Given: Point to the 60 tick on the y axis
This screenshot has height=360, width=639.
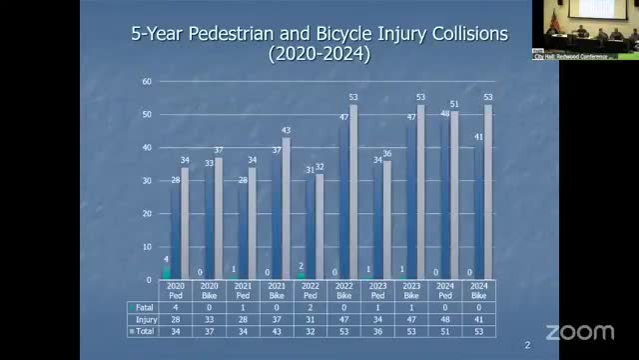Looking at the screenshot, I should tap(147, 81).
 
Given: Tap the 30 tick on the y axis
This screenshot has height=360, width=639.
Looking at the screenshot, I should tap(147, 180).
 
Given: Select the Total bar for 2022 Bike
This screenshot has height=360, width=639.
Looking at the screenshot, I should tap(352, 190).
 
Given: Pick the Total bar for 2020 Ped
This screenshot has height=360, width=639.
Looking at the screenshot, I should tap(185, 223).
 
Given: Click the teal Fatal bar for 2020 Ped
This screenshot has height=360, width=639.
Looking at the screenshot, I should tap(167, 272).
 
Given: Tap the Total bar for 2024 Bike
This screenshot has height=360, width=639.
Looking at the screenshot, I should tap(487, 190).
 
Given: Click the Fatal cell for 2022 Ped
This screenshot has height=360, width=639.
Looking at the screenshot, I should tap(310, 307).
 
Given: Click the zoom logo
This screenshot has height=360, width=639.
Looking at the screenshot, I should tap(579, 330).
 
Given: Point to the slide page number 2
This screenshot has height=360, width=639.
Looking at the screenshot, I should tap(527, 345).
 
